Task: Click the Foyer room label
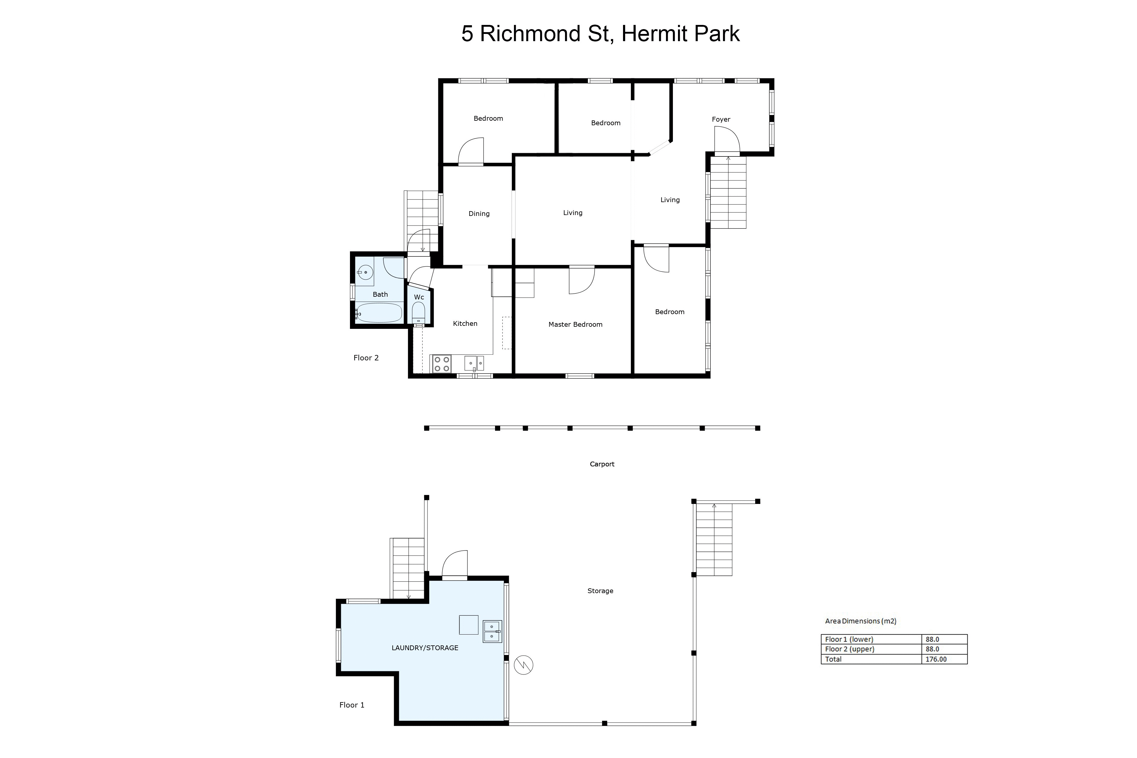coord(721,120)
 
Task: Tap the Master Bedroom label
coord(575,324)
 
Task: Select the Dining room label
coord(479,214)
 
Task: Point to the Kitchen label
coord(465,323)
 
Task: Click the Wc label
coord(419,297)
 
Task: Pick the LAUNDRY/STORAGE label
coord(425,648)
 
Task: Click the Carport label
coord(602,464)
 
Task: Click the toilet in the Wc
coord(419,313)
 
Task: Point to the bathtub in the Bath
coord(379,313)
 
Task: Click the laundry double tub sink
coord(492,631)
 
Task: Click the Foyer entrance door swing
coord(727,139)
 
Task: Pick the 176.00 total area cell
coord(936,659)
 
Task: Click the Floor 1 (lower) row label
coord(849,639)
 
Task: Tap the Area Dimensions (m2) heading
coord(860,621)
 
